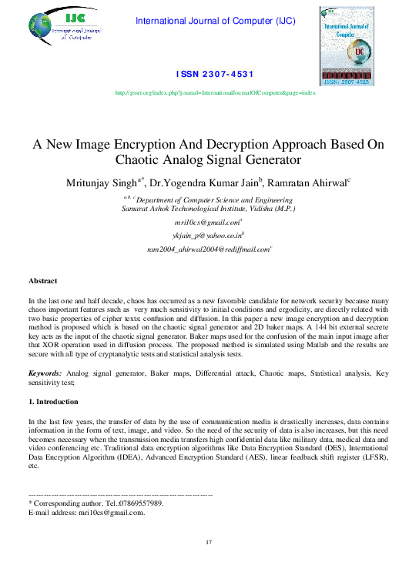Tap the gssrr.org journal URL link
(x=215, y=92)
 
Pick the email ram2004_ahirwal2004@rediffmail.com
(x=208, y=249)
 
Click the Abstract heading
(x=42, y=281)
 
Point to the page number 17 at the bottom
(x=208, y=544)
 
